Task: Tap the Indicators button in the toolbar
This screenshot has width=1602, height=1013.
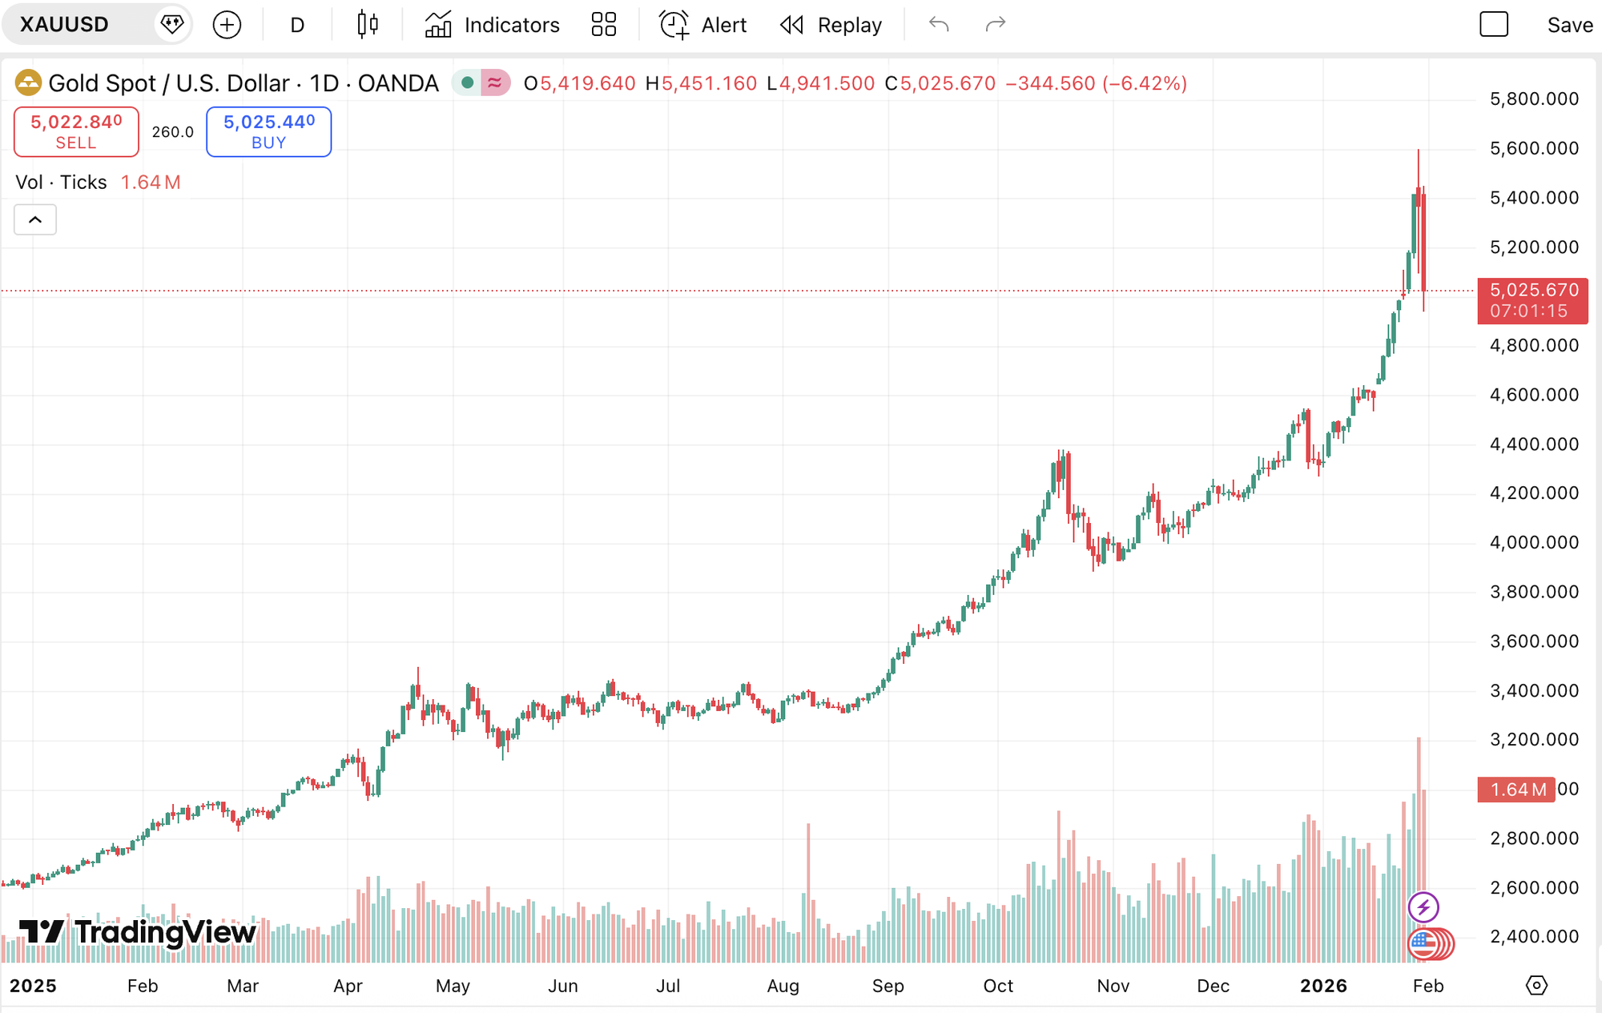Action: pos(492,25)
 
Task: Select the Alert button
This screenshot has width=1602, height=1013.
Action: pos(702,25)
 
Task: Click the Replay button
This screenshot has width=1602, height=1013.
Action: pos(831,25)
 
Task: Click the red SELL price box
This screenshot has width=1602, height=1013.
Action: pos(76,131)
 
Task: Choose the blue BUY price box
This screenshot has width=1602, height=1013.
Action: pos(268,131)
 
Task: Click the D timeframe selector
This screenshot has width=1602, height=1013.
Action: pos(297,25)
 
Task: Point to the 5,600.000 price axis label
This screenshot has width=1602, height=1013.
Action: pos(1533,148)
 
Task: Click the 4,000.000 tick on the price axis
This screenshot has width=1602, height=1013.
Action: pos(1533,542)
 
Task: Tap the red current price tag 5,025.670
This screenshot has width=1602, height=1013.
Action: pos(1532,299)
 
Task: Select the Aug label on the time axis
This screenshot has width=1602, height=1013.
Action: pos(783,986)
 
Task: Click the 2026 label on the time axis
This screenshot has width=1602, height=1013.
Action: pos(1323,986)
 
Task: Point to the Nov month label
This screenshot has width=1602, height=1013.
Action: pos(1113,986)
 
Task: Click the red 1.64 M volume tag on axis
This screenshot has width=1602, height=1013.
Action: pos(1515,790)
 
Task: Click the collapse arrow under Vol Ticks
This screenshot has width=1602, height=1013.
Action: pos(35,219)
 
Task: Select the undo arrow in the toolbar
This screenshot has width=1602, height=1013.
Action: pos(939,25)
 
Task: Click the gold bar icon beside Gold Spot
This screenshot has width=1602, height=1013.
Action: pos(28,82)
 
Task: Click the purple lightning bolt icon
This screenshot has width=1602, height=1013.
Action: pos(1423,907)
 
